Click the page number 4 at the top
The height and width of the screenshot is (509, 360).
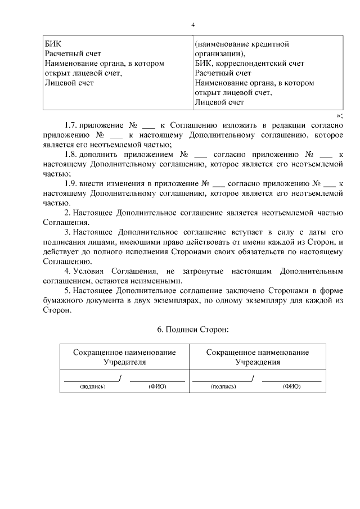192,25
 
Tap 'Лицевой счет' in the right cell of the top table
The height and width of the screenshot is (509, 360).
219,102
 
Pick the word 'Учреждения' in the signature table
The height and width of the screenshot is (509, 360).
257,362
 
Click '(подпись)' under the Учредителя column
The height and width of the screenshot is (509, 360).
93,387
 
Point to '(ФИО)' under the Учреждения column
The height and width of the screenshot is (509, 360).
291,387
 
